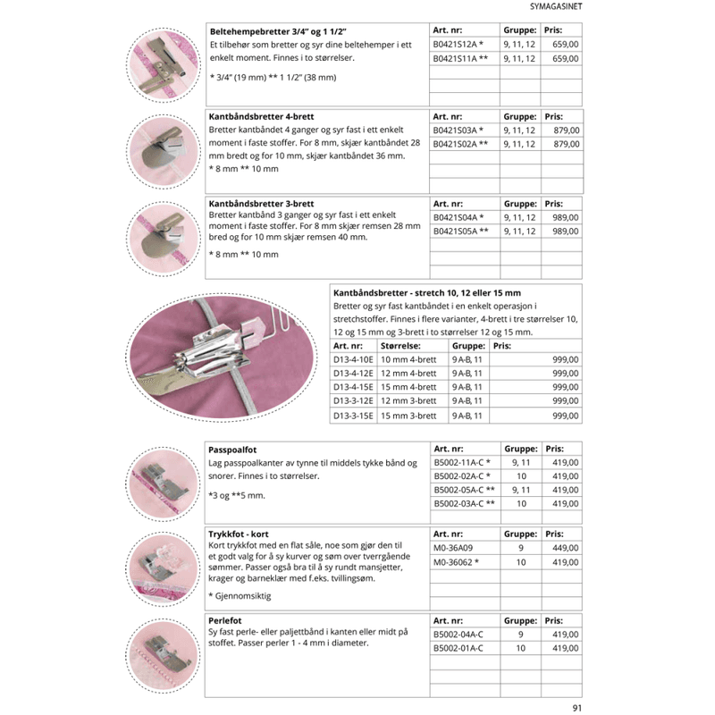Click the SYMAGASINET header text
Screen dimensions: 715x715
tap(555, 6)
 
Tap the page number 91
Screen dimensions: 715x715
tap(576, 708)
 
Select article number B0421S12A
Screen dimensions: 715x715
tap(455, 44)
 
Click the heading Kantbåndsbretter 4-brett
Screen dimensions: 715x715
tap(261, 117)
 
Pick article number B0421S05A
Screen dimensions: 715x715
tap(455, 231)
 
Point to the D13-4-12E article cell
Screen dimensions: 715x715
tap(353, 373)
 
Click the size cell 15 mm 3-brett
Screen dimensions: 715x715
tap(408, 416)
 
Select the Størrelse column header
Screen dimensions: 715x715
tap(400, 346)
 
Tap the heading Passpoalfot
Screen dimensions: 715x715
tap(232, 450)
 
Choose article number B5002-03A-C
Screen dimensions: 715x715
tap(458, 504)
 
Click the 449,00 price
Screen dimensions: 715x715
tap(566, 548)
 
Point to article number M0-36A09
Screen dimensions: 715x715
tap(453, 548)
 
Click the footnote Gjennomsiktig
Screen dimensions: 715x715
tap(243, 596)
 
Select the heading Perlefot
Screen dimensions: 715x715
tap(225, 620)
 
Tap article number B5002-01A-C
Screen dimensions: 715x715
tap(458, 649)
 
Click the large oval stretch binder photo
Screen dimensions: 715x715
tap(222, 357)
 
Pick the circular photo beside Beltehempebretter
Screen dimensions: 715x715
tap(164, 64)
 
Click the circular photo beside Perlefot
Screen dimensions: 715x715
tap(163, 656)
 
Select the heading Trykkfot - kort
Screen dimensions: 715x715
tap(238, 534)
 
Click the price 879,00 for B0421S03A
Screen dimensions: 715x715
tap(567, 130)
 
